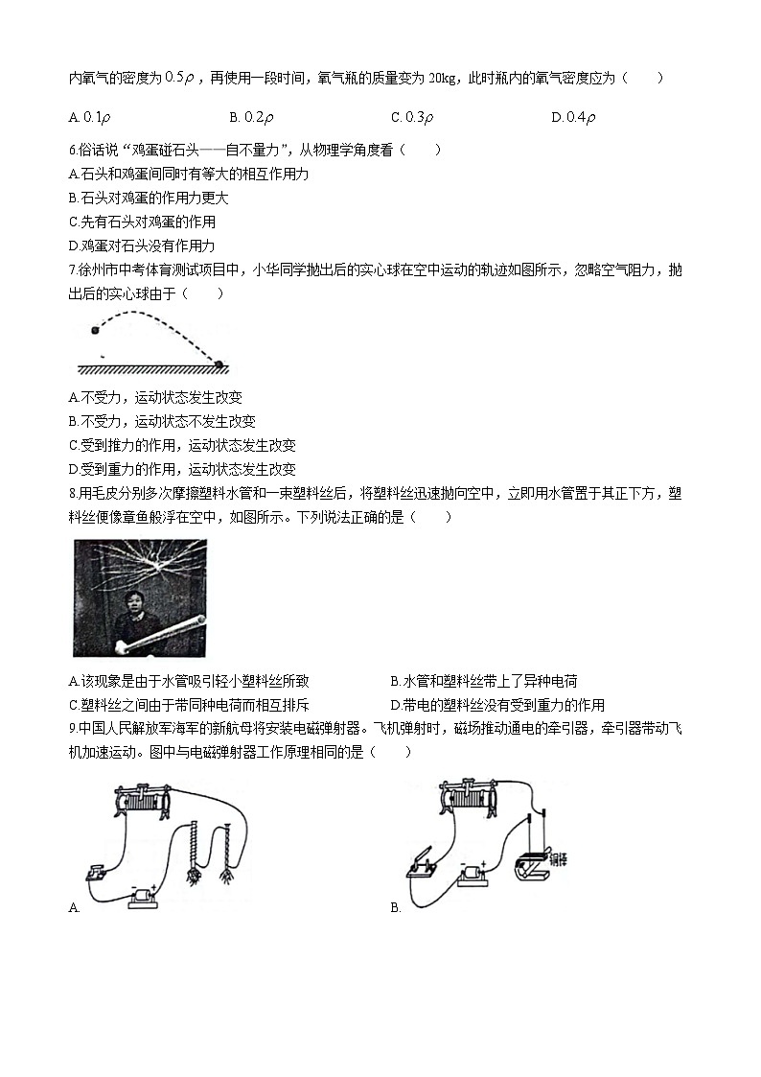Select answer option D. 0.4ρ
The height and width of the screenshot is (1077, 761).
pos(574,117)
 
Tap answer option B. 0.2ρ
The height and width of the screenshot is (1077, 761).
pos(252,117)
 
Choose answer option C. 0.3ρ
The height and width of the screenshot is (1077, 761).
pos(413,117)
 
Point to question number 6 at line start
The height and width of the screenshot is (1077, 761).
pos(73,150)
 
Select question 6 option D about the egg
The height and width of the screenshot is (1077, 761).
pos(142,246)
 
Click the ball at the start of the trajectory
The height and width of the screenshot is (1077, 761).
pos(94,331)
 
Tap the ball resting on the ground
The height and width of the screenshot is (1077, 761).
pos(219,363)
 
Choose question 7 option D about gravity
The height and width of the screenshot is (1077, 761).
pos(182,470)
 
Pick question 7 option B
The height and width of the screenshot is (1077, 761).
pos(162,421)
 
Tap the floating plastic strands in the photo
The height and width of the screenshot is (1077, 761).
pos(144,566)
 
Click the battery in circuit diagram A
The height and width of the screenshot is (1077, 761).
pos(146,895)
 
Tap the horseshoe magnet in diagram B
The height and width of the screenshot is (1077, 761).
pos(529,859)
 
